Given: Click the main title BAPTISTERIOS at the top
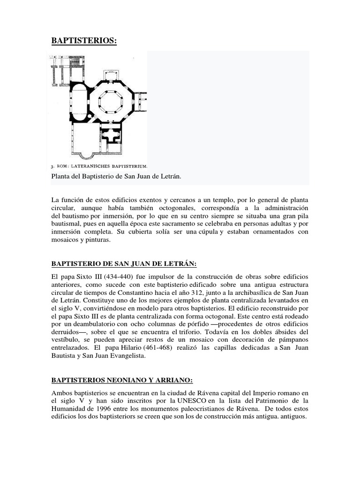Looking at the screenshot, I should point(83,41).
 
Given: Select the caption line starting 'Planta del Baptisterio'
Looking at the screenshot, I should point(116,176).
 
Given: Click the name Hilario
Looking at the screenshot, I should point(107,348).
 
